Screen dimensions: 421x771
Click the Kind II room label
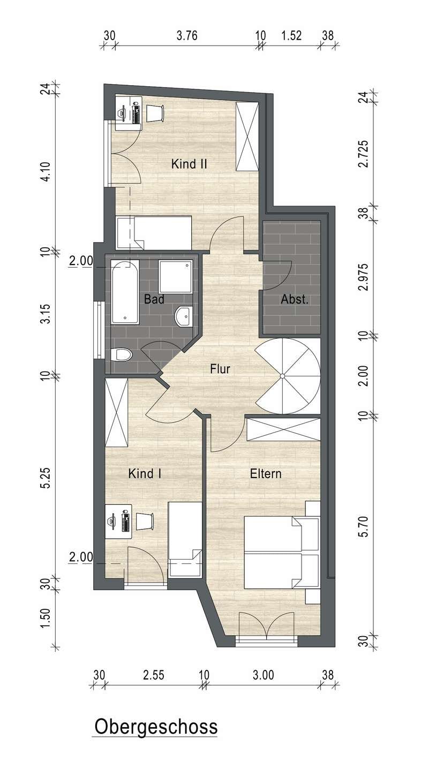(189, 164)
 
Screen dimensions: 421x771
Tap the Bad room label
(154, 299)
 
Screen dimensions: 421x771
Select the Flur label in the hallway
(220, 369)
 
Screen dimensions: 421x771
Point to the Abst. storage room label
(294, 299)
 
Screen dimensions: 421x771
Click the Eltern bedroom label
(266, 474)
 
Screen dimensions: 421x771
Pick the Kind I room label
(145, 474)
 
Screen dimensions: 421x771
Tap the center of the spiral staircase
(282, 375)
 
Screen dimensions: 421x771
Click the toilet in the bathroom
(122, 354)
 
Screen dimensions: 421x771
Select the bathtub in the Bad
(125, 292)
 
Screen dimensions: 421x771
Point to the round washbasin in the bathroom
(184, 315)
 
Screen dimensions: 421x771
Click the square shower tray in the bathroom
(175, 276)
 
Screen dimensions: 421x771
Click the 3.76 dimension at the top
(187, 35)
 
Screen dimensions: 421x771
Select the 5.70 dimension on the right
(364, 526)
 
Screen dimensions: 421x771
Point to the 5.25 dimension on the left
(46, 478)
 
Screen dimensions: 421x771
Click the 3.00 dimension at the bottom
(264, 675)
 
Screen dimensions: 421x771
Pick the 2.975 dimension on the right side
(364, 277)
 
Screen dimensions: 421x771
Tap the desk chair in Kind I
(145, 521)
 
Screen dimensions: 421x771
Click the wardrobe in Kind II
(247, 137)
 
